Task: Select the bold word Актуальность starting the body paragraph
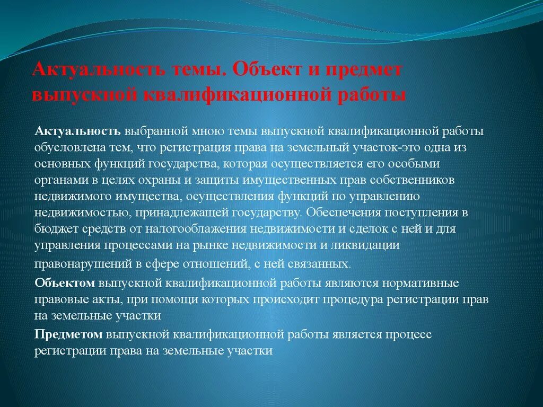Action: point(79,131)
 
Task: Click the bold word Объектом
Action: point(65,283)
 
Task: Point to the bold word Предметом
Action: point(69,334)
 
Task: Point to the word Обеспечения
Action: point(339,213)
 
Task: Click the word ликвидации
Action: point(370,245)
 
